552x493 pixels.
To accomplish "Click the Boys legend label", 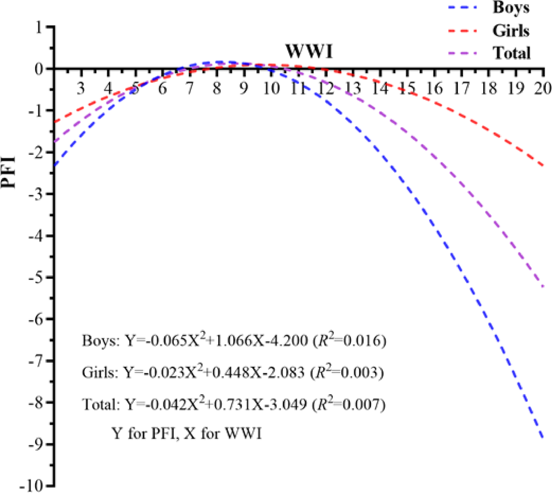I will pyautogui.click(x=510, y=8).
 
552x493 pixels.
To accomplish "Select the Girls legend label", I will pyautogui.click(x=511, y=31).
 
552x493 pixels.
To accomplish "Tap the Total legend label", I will pyautogui.click(x=511, y=53).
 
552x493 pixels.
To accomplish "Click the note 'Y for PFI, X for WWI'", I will pyautogui.click(x=187, y=434).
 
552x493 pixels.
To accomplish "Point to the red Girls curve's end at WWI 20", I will pyautogui.click(x=543, y=166).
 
